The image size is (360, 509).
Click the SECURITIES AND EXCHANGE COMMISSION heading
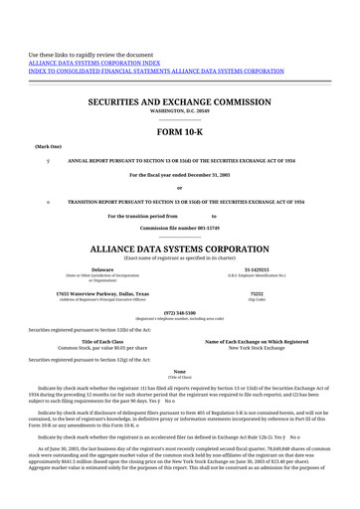click(179, 102)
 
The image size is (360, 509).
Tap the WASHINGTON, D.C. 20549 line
click(179, 112)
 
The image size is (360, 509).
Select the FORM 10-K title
click(179, 132)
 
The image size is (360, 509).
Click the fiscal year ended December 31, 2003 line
click(179, 174)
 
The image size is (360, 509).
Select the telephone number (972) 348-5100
click(179, 310)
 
